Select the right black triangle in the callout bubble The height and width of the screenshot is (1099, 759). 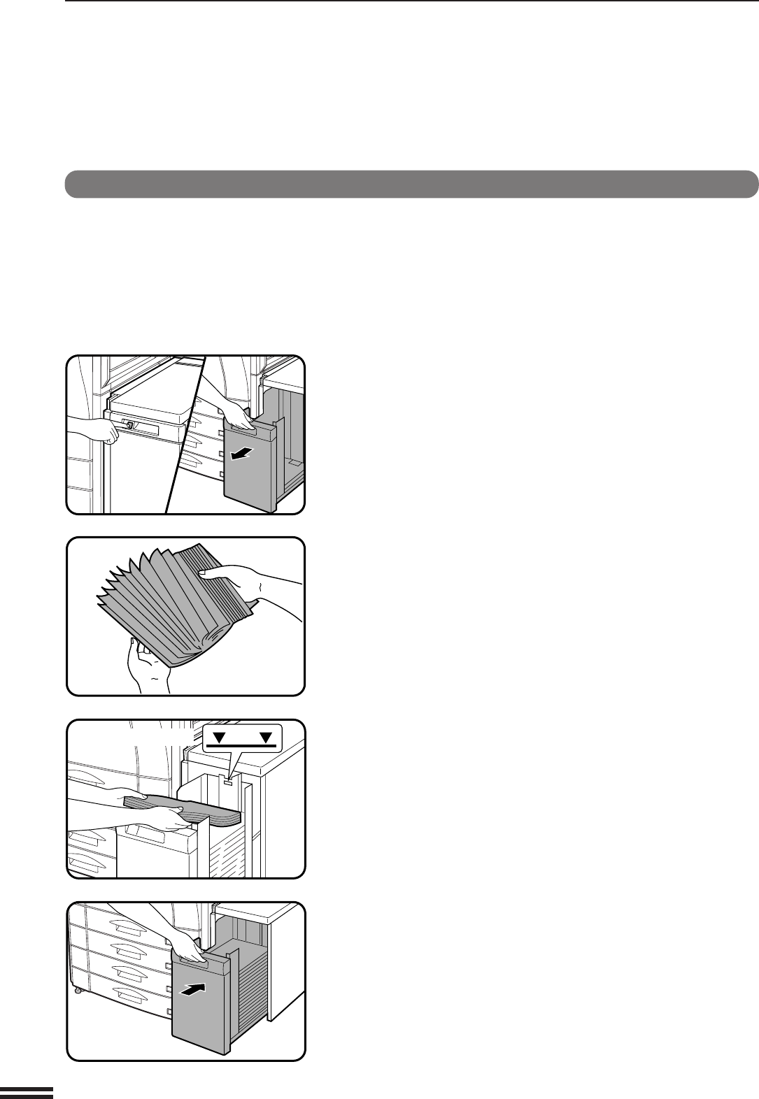(x=267, y=736)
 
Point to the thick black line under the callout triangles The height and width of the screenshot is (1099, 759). (x=243, y=745)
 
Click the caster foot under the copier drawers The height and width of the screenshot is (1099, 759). (x=76, y=991)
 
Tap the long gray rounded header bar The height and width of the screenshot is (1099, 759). (x=411, y=184)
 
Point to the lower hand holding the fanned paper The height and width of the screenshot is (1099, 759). (x=143, y=661)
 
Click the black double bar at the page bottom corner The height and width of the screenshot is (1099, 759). (x=27, y=1092)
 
